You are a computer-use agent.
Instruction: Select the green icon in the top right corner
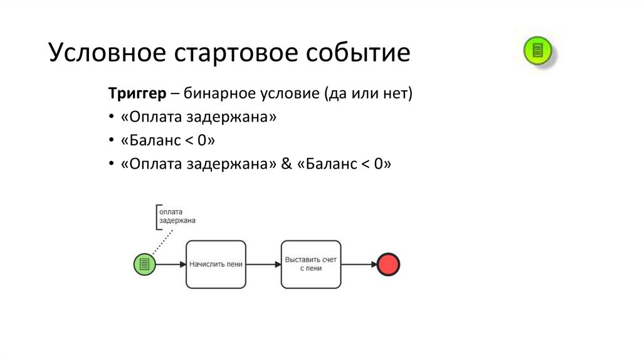pyautogui.click(x=537, y=50)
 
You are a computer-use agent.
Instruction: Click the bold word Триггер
pyautogui.click(x=137, y=94)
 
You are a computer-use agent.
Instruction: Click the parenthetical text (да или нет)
pyautogui.click(x=368, y=94)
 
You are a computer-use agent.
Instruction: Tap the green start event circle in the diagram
pyautogui.click(x=145, y=265)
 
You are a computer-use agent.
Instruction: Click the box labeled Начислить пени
pyautogui.click(x=216, y=265)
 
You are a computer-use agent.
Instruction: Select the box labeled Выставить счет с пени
pyautogui.click(x=310, y=265)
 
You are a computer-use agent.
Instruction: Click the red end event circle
pyautogui.click(x=388, y=265)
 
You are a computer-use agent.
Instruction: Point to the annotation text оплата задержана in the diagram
pyautogui.click(x=177, y=216)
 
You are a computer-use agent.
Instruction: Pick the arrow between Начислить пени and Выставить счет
pyautogui.click(x=263, y=265)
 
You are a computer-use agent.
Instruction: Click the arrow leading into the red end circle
pyautogui.click(x=358, y=265)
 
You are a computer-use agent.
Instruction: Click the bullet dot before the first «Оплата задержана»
pyautogui.click(x=112, y=118)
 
